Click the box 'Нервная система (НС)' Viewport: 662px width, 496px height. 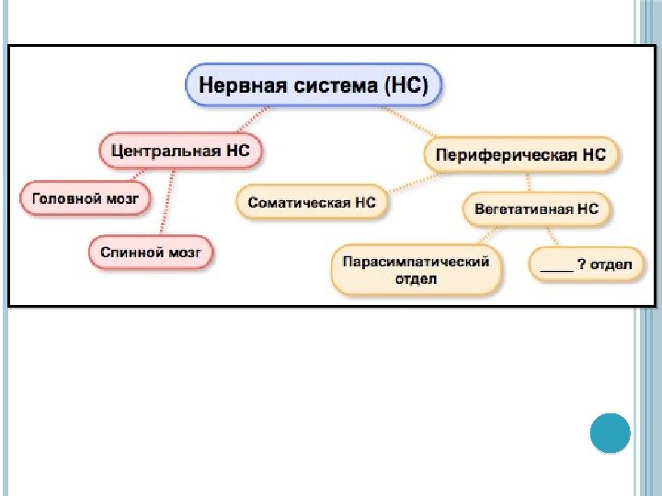click(x=314, y=86)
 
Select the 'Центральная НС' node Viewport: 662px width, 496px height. click(x=179, y=149)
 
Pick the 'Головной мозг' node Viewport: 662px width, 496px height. click(x=85, y=197)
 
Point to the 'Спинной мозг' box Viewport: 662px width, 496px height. click(x=152, y=252)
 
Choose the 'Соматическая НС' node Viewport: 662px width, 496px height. click(x=313, y=202)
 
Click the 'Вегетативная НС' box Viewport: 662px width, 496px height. click(x=536, y=209)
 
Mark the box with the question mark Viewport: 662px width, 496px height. click(x=586, y=265)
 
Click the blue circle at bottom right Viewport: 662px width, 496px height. click(x=609, y=433)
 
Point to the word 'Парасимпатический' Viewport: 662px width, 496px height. click(x=416, y=262)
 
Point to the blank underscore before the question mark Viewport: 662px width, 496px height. click(x=555, y=267)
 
